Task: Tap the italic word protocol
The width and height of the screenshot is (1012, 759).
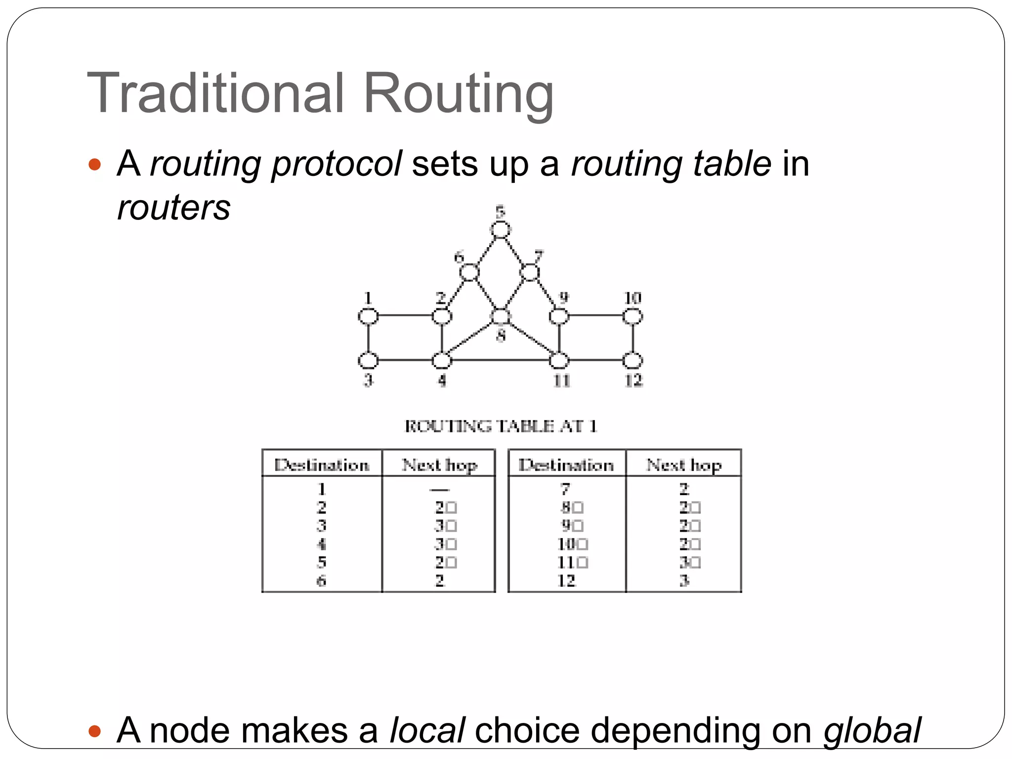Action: click(337, 164)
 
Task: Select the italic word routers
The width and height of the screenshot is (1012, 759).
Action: click(173, 208)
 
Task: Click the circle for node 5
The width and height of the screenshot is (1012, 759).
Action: click(501, 230)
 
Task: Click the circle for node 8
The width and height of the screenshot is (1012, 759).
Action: click(501, 317)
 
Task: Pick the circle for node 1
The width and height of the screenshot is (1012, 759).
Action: click(368, 316)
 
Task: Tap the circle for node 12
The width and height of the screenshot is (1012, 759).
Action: click(632, 361)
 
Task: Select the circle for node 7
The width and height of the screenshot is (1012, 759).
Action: click(529, 272)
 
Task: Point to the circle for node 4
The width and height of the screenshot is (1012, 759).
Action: click(442, 361)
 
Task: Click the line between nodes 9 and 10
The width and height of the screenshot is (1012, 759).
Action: click(595, 315)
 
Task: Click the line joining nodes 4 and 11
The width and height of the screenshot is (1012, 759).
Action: click(500, 360)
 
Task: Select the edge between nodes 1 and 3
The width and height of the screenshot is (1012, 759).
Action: click(368, 338)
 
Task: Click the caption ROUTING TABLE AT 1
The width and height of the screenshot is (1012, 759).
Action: click(501, 426)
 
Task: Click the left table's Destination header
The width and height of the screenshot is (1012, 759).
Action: click(322, 465)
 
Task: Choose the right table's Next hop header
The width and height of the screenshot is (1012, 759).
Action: click(684, 465)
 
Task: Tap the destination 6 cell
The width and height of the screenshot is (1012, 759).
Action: click(322, 581)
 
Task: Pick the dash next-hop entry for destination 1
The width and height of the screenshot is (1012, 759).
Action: click(439, 490)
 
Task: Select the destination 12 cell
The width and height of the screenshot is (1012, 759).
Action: click(566, 581)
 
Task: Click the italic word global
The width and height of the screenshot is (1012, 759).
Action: click(872, 730)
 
